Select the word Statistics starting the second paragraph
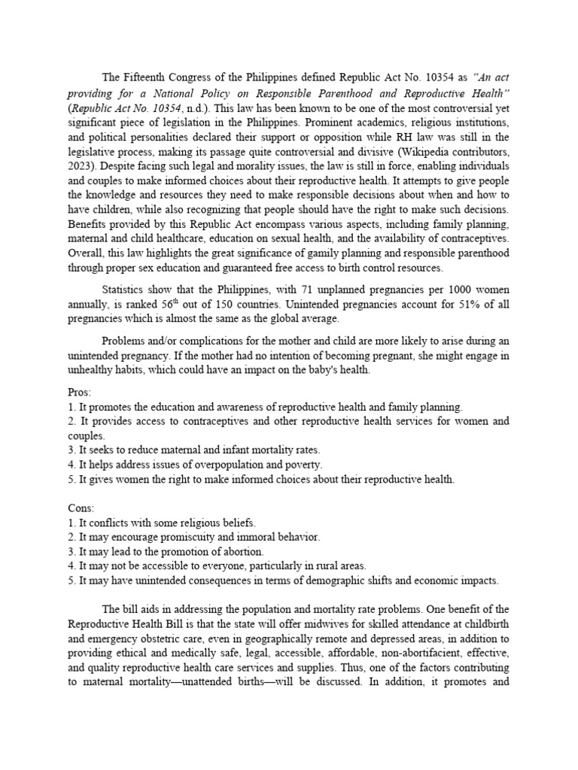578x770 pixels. (127, 290)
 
